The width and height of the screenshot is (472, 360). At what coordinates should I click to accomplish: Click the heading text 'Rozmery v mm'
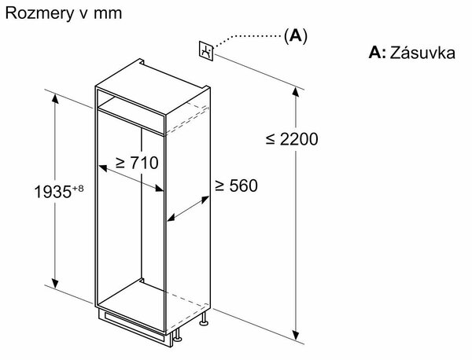point(64,14)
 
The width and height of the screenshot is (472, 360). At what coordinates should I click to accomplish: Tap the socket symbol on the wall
point(206,50)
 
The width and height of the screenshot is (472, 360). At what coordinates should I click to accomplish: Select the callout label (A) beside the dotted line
point(296,36)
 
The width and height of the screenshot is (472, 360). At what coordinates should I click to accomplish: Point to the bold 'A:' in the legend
point(377,53)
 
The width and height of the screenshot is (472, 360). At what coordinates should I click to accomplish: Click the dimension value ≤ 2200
point(292,139)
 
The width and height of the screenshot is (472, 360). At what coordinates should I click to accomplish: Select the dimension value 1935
point(53,192)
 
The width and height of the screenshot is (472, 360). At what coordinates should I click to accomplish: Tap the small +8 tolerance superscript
point(78,189)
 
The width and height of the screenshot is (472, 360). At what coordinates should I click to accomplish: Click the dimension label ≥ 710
point(137,163)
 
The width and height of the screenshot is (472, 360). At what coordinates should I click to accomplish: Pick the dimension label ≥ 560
point(236,186)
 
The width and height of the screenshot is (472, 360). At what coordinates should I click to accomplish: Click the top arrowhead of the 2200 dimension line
point(296,92)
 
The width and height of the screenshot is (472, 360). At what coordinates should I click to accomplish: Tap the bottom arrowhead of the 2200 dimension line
point(296,335)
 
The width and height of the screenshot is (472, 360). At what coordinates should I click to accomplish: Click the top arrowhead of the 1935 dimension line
point(55,98)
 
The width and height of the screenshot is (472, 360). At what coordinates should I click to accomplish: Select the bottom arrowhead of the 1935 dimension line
point(55,283)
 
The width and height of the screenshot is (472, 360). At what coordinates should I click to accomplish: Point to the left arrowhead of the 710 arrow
point(102,168)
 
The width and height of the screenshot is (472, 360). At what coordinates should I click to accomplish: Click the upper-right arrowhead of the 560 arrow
point(205,199)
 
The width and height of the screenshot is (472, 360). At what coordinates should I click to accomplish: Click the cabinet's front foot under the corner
point(177,336)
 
